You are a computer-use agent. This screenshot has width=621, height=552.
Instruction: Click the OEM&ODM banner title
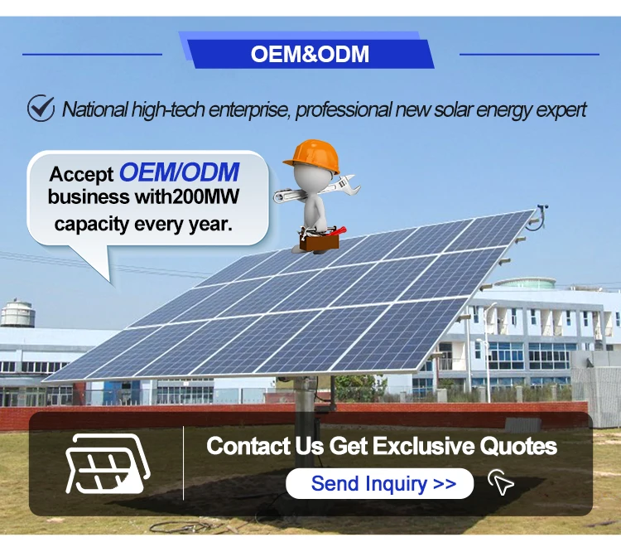[x=310, y=55]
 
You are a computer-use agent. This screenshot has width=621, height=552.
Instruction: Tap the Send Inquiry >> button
[x=380, y=484]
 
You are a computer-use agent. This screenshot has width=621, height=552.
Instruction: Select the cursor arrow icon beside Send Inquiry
[x=501, y=482]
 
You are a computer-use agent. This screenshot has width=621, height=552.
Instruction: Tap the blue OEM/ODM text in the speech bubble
[x=179, y=172]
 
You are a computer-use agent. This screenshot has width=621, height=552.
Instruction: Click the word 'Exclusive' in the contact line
[x=425, y=447]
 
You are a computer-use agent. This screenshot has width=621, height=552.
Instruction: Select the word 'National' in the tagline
[x=94, y=109]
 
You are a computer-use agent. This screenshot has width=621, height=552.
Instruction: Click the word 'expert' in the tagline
[x=559, y=109]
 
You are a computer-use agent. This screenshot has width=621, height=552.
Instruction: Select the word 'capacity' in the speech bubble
[x=91, y=223]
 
